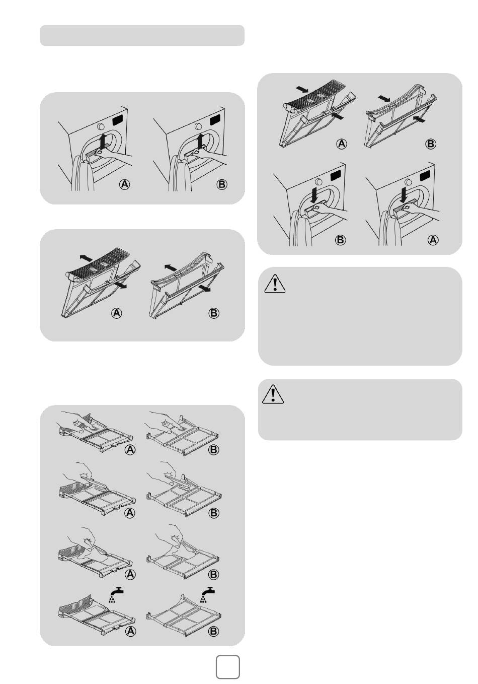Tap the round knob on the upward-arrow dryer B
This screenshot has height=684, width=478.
coord(198,126)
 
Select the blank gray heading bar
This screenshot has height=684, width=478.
coord(142,35)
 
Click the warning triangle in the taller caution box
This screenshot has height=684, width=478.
coord(275,284)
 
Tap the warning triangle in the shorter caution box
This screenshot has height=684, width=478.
coord(273,394)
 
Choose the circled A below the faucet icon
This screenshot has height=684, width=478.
coord(130,631)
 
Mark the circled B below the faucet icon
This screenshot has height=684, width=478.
coord(213,631)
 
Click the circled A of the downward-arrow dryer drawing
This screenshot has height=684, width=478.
coord(433,240)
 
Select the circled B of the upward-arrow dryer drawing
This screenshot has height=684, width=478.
coord(222,184)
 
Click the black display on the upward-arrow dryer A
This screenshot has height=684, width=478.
coord(117,120)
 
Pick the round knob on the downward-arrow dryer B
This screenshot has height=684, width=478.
coord(318,182)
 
